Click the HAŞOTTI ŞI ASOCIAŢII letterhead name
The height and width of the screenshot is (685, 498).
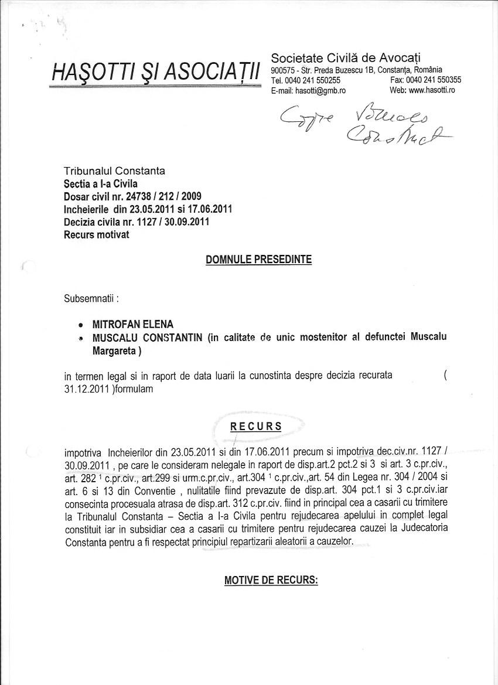[156, 73]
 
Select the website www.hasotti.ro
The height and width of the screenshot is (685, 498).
[431, 90]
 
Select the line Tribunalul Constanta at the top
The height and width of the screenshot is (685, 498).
[114, 171]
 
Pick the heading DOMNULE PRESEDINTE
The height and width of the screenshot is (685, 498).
[258, 260]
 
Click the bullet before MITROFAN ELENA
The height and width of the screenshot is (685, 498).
[80, 325]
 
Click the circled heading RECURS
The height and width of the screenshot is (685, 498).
[255, 427]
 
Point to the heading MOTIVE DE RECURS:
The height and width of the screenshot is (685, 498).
[271, 580]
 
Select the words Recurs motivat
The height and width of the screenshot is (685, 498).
[96, 235]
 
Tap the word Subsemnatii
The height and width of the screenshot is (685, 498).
[90, 298]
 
